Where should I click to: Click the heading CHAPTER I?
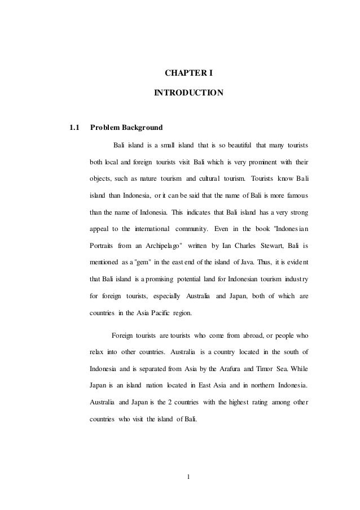tap(188, 72)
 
